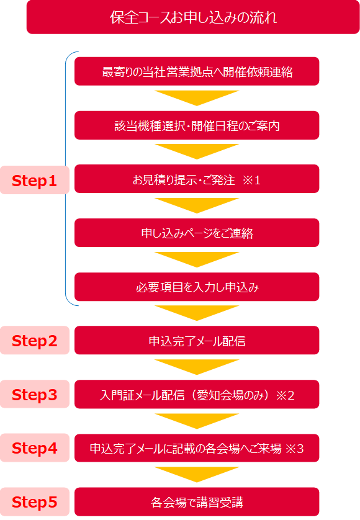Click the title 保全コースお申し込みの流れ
coord(193,17)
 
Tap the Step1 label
coord(35,180)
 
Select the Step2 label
coord(35,340)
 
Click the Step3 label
coord(35,394)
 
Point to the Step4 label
coord(35,447)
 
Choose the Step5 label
coord(35,502)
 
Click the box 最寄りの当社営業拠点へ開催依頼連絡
coord(197,71)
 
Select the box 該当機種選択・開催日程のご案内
coord(197,125)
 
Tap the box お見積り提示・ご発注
coord(197,179)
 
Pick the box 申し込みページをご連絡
coord(197,233)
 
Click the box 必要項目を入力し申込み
coord(197,287)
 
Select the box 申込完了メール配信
coord(197,340)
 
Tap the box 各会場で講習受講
coord(197,502)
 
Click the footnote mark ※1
coord(251,180)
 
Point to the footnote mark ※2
coord(286,395)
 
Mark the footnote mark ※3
coord(294,449)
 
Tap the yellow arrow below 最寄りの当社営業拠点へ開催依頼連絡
coord(197,98)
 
